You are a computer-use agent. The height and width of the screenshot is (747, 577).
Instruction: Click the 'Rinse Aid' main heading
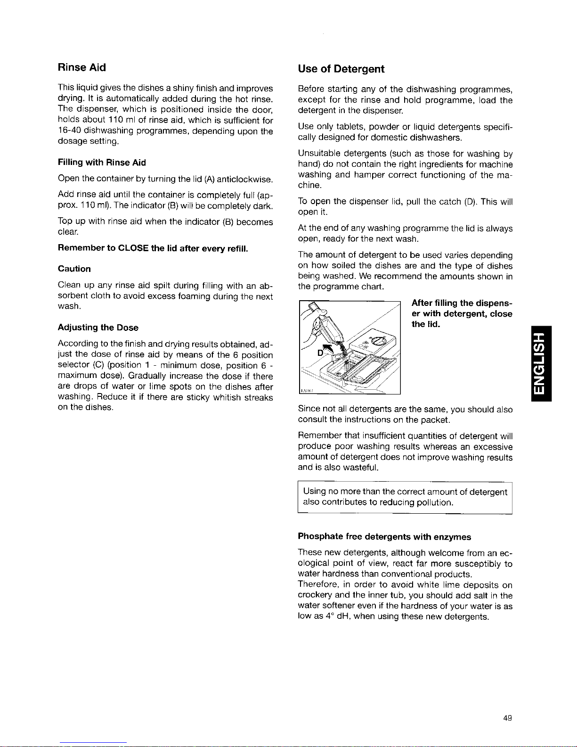[81, 67]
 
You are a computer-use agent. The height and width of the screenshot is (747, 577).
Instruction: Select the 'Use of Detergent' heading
[341, 69]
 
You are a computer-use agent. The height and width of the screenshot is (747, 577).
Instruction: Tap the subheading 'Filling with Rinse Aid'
[102, 163]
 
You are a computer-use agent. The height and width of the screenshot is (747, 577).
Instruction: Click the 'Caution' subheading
[74, 269]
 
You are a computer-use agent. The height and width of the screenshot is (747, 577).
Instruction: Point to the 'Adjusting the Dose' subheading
[98, 328]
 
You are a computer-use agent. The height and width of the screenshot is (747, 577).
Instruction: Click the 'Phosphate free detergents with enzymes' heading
[384, 537]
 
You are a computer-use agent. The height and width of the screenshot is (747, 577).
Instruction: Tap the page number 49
[507, 718]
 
